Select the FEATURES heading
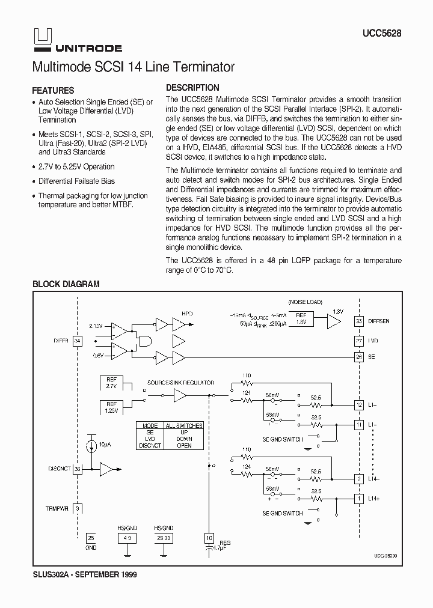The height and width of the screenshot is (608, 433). pyautogui.click(x=53, y=90)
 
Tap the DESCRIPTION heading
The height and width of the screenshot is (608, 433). pyautogui.click(x=192, y=87)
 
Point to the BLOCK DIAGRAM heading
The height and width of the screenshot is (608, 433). pyautogui.click(x=66, y=284)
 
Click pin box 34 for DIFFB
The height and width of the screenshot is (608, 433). pyautogui.click(x=77, y=341)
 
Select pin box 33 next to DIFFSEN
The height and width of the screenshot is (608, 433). pyautogui.click(x=359, y=321)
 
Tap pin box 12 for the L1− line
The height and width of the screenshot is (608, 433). pyautogui.click(x=359, y=405)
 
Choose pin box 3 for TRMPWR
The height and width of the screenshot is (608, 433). pyautogui.click(x=77, y=508)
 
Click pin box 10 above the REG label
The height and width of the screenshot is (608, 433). pyautogui.click(x=209, y=538)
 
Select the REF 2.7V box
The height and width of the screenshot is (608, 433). pyautogui.click(x=112, y=383)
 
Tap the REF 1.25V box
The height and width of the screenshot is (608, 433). pyautogui.click(x=112, y=407)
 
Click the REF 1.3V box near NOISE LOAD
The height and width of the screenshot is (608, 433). pyautogui.click(x=301, y=318)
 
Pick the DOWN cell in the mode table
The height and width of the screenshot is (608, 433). pyautogui.click(x=185, y=439)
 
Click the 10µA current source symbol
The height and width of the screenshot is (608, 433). pyautogui.click(x=91, y=446)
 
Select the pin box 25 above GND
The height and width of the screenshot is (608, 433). pyautogui.click(x=91, y=538)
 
